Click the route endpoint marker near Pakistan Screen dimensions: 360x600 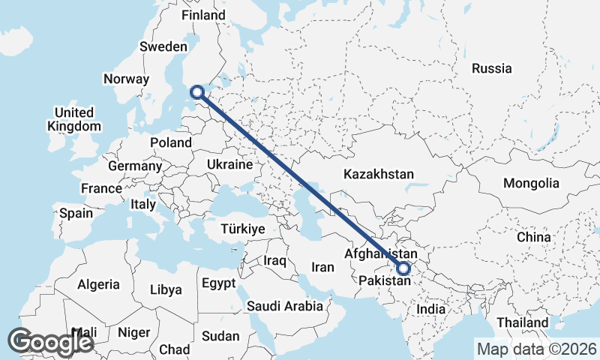coord(404,268)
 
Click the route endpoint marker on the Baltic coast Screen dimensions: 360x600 coord(197,92)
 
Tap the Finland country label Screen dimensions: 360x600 coord(203,15)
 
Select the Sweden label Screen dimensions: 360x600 coord(163,46)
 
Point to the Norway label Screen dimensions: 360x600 coord(127,79)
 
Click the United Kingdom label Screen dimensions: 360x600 coord(73,119)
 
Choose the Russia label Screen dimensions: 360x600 coord(491,68)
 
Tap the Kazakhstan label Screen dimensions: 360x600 coord(379,174)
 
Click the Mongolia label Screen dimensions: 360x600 coord(531,183)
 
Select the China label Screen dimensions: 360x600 coord(534,236)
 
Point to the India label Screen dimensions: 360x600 coord(431,309)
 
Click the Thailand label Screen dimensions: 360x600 coord(526,322)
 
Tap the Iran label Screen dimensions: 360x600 coord(322,267)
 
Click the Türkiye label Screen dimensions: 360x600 coord(243,229)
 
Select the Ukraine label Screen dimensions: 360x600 coord(229,164)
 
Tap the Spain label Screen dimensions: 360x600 coord(76,213)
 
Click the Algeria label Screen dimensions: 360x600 coord(98,284)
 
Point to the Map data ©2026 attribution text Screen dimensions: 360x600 coord(536,349)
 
